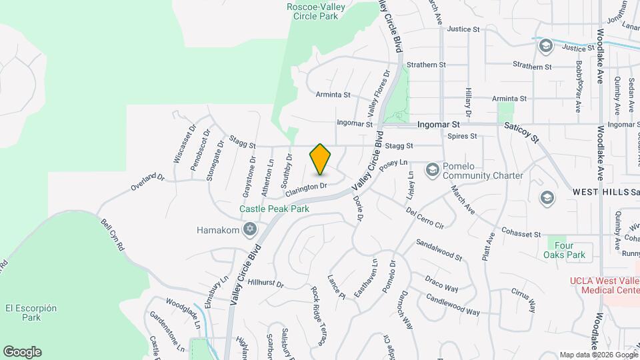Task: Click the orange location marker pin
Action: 321,159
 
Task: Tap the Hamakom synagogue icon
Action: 250,230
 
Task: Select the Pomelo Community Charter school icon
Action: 432,169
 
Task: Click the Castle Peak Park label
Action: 275,209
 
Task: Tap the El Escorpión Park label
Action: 31,313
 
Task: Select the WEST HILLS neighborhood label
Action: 601,192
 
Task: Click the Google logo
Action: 22,352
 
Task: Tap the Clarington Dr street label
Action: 306,189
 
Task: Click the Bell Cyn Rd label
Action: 113,235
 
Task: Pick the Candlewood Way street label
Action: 453,307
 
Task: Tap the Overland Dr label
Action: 147,183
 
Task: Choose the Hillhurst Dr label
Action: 265,283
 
